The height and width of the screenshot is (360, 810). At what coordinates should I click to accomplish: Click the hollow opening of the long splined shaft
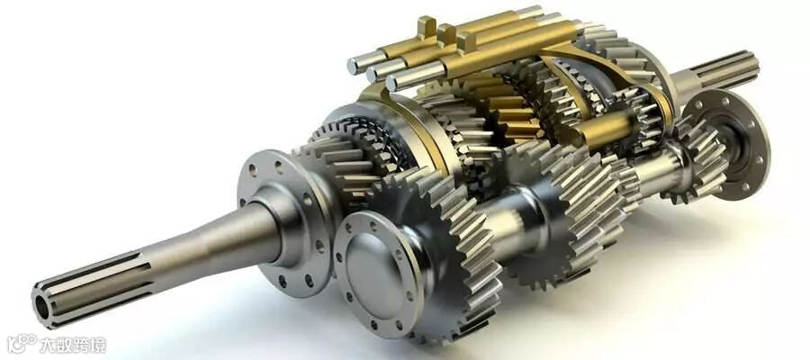[41, 308]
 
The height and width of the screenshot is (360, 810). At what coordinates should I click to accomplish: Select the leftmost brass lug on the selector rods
[427, 26]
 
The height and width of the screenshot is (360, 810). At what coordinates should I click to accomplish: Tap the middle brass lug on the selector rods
[446, 34]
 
